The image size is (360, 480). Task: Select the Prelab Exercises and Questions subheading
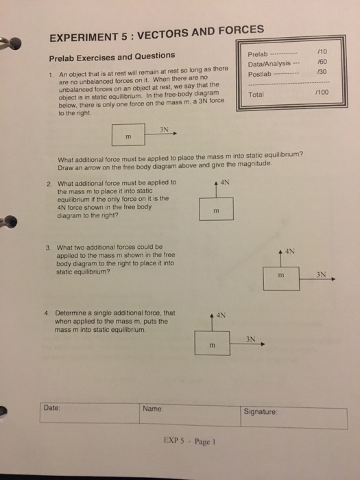[x=111, y=56]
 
